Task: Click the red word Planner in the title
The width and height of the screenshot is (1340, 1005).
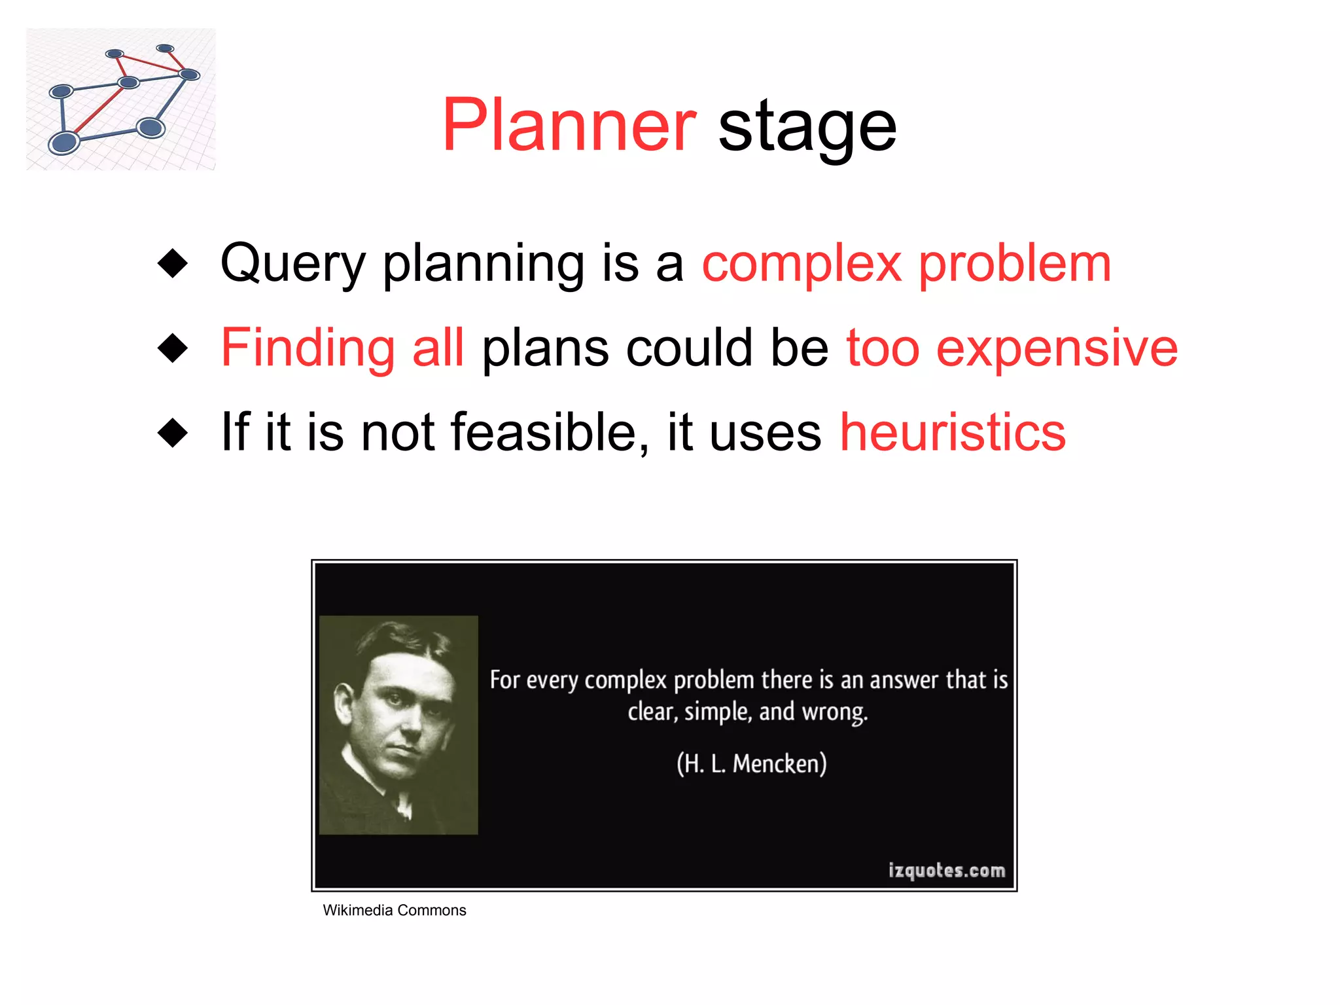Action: tap(569, 125)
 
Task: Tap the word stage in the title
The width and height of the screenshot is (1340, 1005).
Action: tap(807, 128)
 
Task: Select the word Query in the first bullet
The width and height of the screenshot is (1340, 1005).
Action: tap(292, 265)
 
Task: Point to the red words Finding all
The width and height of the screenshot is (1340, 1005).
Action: tap(342, 348)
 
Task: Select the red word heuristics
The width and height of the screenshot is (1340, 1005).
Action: tap(953, 432)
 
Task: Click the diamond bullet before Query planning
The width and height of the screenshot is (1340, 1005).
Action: tap(173, 263)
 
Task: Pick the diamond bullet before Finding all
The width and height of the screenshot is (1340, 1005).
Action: tap(173, 348)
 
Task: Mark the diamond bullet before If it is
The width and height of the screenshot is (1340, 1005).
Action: tap(173, 433)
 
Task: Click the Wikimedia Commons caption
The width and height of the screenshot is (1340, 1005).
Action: tap(394, 910)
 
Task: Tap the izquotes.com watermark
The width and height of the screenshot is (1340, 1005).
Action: tap(946, 870)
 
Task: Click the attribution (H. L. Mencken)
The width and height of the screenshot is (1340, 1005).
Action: tap(751, 763)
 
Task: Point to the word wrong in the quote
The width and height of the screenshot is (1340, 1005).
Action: tap(834, 712)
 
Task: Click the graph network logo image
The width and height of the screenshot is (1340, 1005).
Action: tap(121, 99)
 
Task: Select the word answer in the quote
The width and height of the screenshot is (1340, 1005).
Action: tap(904, 680)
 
